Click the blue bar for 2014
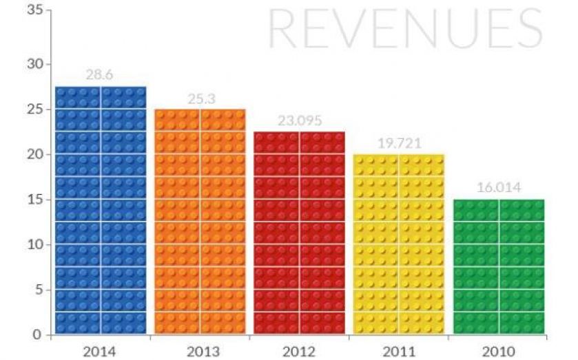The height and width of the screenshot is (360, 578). pyautogui.click(x=101, y=210)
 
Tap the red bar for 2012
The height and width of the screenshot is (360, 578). pyautogui.click(x=299, y=233)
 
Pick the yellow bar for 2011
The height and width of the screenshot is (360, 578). pyautogui.click(x=399, y=244)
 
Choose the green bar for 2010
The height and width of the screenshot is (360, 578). pyautogui.click(x=499, y=267)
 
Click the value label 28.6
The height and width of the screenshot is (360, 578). pyautogui.click(x=100, y=74)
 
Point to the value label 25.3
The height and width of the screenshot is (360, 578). pyautogui.click(x=201, y=98)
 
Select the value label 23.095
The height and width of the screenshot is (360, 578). pyautogui.click(x=300, y=120)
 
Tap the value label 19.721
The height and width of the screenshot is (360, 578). pyautogui.click(x=400, y=143)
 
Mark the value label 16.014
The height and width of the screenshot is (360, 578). pyautogui.click(x=499, y=187)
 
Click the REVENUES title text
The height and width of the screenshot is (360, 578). pyautogui.click(x=405, y=29)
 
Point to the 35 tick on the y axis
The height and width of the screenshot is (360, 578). pyautogui.click(x=35, y=10)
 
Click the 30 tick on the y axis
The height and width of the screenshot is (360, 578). pyautogui.click(x=35, y=64)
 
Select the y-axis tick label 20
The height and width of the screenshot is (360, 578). pyautogui.click(x=35, y=154)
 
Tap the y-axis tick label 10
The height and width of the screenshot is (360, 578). pyautogui.click(x=35, y=244)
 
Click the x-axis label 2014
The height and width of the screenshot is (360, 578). pyautogui.click(x=101, y=351)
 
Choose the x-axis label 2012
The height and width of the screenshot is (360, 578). pyautogui.click(x=300, y=351)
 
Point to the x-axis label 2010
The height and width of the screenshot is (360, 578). pyautogui.click(x=499, y=351)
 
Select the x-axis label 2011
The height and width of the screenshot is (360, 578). pyautogui.click(x=400, y=351)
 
